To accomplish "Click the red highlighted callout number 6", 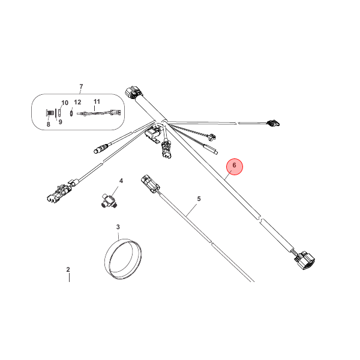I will (235, 165).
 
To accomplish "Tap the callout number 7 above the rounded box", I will (81, 88).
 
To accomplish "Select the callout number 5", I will (199, 199).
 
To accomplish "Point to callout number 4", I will (121, 181).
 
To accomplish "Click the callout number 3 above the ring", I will (118, 227).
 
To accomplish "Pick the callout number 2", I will (68, 270).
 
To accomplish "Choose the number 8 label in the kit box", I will (49, 124).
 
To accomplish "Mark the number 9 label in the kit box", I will (60, 122).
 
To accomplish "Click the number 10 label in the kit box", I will (65, 103).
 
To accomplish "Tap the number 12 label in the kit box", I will (77, 103).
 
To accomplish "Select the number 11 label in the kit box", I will (97, 102).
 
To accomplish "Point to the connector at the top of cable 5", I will (148, 182).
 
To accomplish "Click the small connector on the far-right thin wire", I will (274, 124).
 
